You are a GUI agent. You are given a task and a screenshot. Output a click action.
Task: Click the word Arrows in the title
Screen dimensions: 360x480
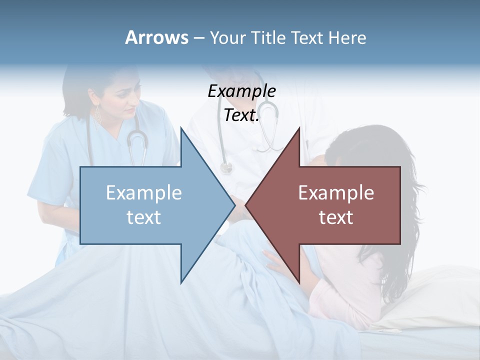point(156,37)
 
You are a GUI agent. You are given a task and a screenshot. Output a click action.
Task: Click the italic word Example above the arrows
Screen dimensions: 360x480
point(241,91)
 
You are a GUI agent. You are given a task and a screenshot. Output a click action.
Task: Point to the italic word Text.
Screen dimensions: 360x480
point(241,115)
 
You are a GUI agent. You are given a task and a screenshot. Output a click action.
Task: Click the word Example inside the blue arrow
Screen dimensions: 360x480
point(144,192)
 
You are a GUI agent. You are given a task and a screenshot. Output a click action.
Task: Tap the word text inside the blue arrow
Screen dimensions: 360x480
point(144,217)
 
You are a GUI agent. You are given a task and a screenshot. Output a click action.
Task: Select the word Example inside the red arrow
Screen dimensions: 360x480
point(336,192)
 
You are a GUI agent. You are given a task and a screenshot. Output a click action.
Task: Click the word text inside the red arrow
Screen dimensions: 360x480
point(336,217)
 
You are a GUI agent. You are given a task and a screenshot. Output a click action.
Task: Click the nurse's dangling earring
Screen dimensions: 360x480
point(98,118)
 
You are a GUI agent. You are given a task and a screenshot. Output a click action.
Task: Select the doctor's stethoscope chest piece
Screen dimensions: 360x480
point(226,167)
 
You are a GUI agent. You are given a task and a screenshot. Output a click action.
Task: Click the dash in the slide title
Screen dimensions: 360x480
point(198,38)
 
